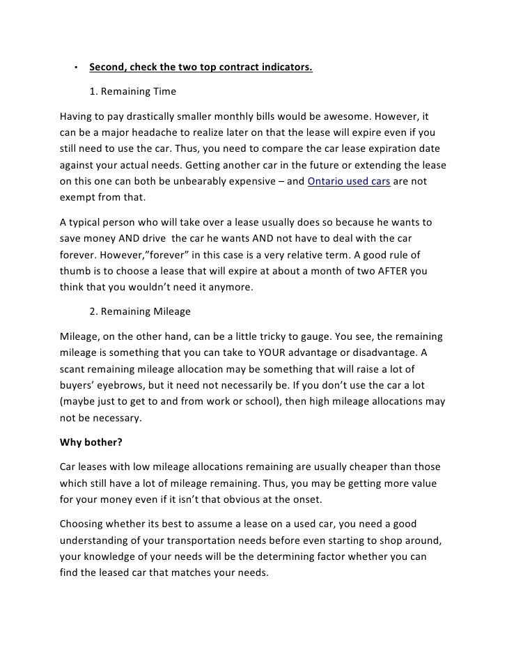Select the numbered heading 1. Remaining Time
point(132,91)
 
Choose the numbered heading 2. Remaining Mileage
point(142,313)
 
